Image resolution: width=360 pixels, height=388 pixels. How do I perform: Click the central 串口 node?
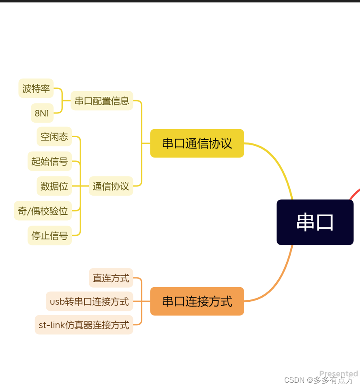(x=315, y=222)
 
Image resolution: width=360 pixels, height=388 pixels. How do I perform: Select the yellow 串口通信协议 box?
(x=197, y=143)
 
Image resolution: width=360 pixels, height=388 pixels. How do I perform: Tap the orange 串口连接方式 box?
(x=197, y=301)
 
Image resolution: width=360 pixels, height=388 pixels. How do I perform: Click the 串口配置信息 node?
(x=102, y=100)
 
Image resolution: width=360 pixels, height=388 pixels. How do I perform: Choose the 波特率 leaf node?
(x=36, y=88)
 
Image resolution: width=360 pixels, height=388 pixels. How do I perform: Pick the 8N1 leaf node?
(x=42, y=113)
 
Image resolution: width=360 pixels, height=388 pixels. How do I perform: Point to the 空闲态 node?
(x=54, y=136)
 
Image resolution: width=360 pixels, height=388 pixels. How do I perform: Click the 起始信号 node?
(x=49, y=161)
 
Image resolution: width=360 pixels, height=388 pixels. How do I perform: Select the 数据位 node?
(x=54, y=186)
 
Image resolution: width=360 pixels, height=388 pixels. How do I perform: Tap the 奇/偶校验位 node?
(x=43, y=211)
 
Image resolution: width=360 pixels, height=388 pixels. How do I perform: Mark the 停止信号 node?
(x=49, y=235)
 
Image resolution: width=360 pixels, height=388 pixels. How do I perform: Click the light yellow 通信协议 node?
(x=111, y=186)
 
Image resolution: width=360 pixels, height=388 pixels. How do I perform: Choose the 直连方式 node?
(x=111, y=278)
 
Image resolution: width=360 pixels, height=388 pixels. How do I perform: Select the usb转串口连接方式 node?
(x=90, y=301)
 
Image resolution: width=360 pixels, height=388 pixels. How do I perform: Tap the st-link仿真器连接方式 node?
(x=84, y=325)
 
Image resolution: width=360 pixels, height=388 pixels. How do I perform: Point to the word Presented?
(x=339, y=373)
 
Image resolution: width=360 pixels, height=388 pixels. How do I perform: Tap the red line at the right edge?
(x=355, y=193)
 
